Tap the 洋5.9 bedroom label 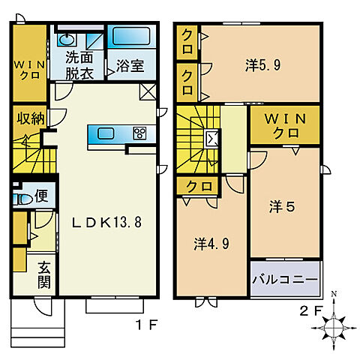click(x=262, y=65)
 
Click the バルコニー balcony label click(x=285, y=279)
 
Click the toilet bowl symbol click(x=24, y=200)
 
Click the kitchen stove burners click(x=139, y=133)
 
